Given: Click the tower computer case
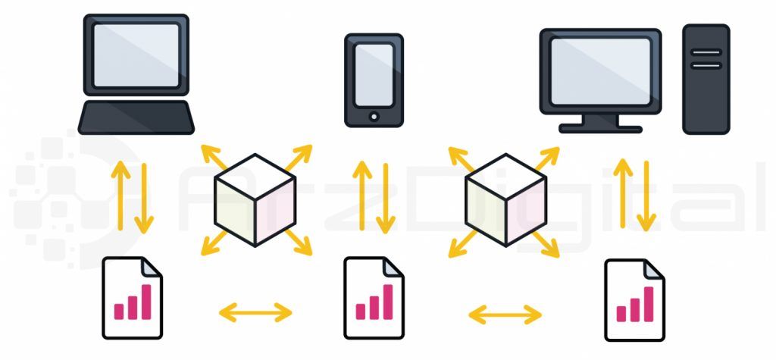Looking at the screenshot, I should pyautogui.click(x=706, y=79).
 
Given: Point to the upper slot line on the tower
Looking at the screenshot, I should pyautogui.click(x=706, y=52).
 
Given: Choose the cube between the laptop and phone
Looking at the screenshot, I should pyautogui.click(x=255, y=199).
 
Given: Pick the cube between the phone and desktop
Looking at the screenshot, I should pyautogui.click(x=505, y=199).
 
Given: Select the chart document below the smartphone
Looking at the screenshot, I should pyautogui.click(x=374, y=297).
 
